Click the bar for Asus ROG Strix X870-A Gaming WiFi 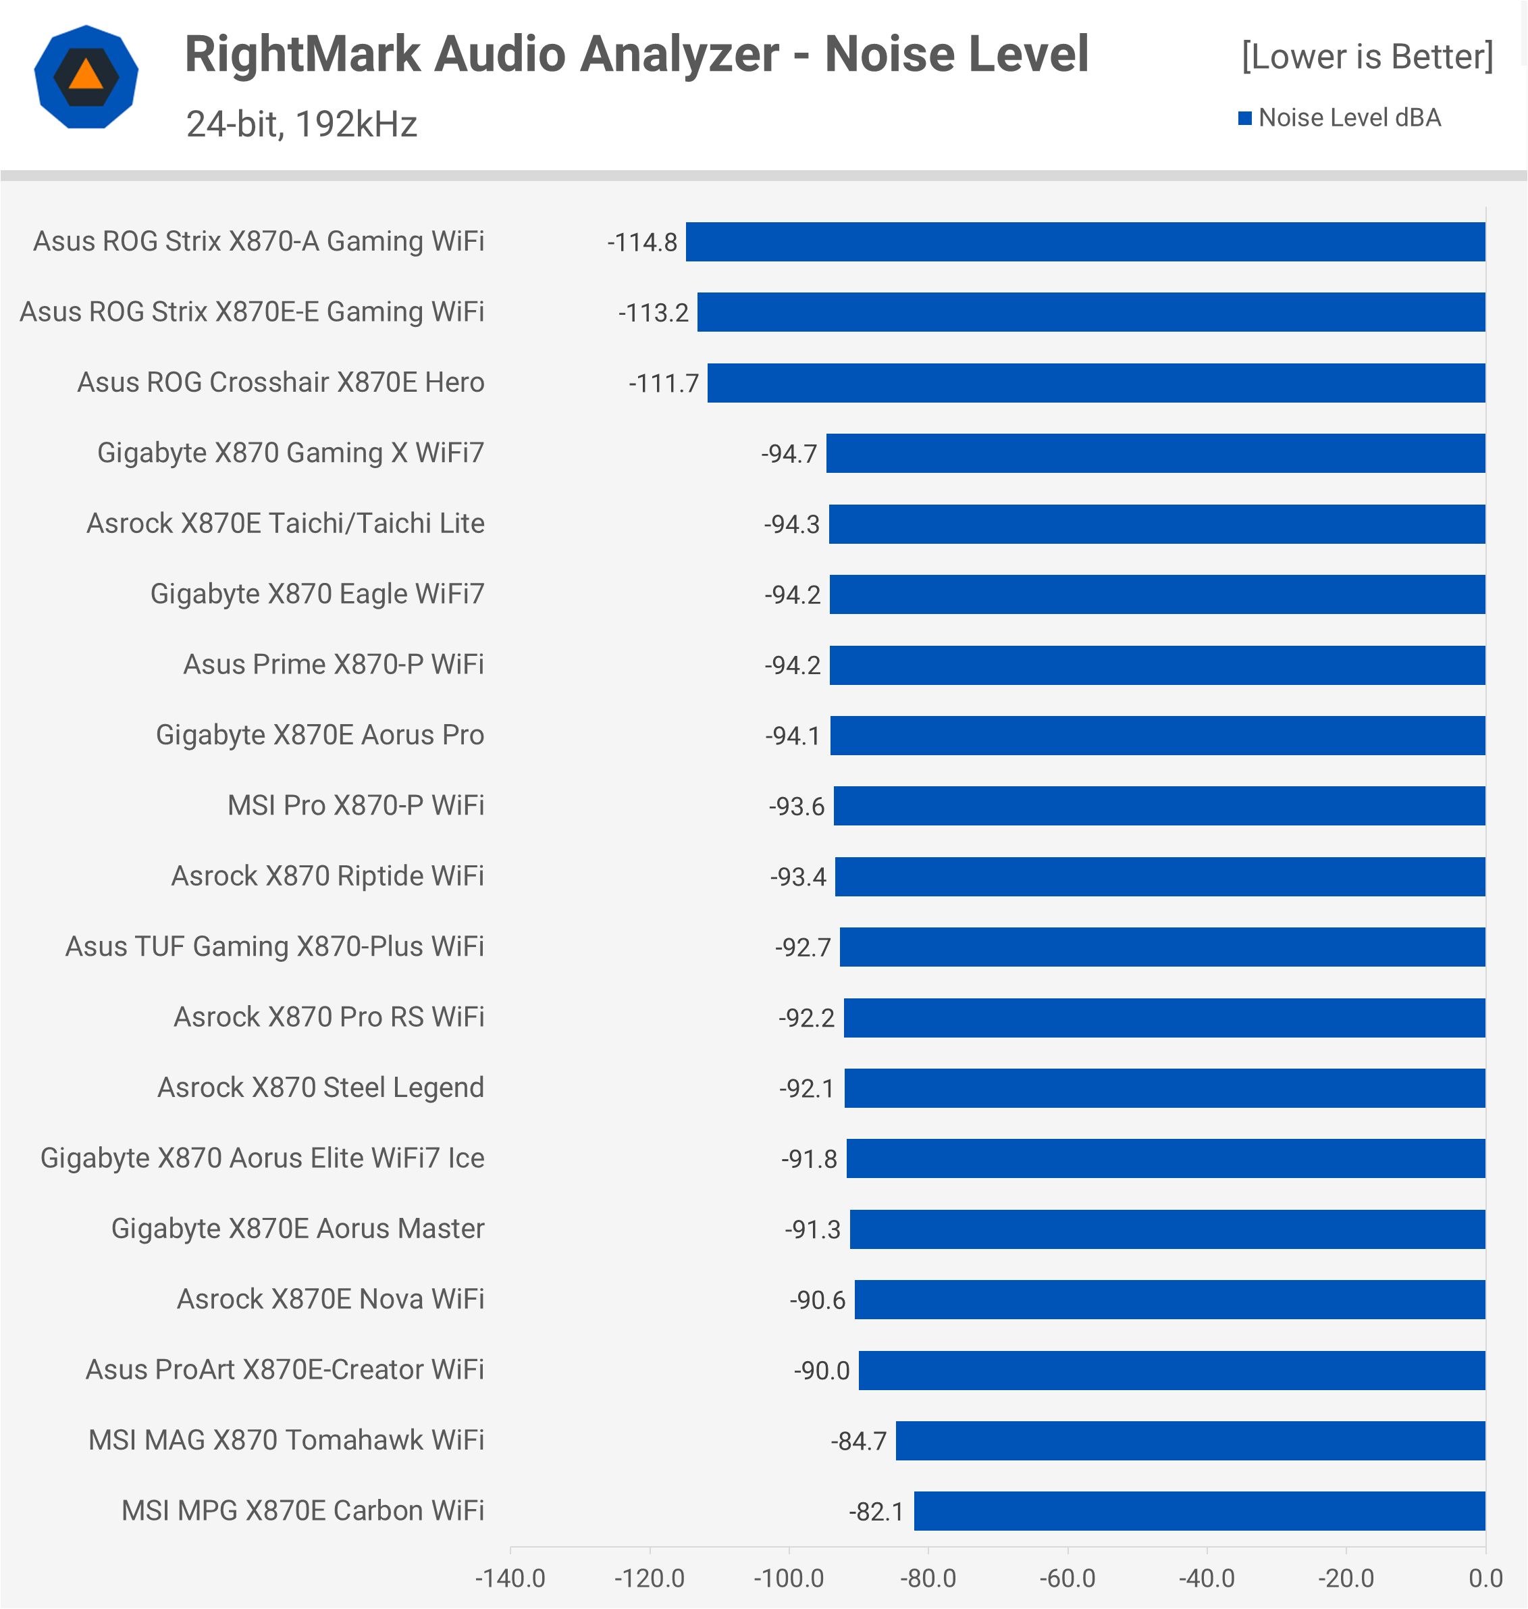pyautogui.click(x=1085, y=242)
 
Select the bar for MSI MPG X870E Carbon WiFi pyautogui.click(x=1199, y=1511)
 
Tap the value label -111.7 pyautogui.click(x=663, y=383)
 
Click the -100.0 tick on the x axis pyautogui.click(x=789, y=1578)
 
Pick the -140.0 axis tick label pyautogui.click(x=510, y=1578)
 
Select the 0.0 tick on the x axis pyautogui.click(x=1485, y=1578)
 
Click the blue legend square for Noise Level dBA pyautogui.click(x=1244, y=119)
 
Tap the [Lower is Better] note pyautogui.click(x=1367, y=57)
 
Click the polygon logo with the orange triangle pyautogui.click(x=86, y=78)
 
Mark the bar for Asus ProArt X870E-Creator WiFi pyautogui.click(x=1171, y=1371)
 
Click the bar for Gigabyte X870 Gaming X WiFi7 pyautogui.click(x=1155, y=453)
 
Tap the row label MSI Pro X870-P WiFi pyautogui.click(x=355, y=806)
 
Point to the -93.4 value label pyautogui.click(x=797, y=877)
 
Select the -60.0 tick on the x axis pyautogui.click(x=1067, y=1578)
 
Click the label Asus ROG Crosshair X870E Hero pyautogui.click(x=280, y=383)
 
